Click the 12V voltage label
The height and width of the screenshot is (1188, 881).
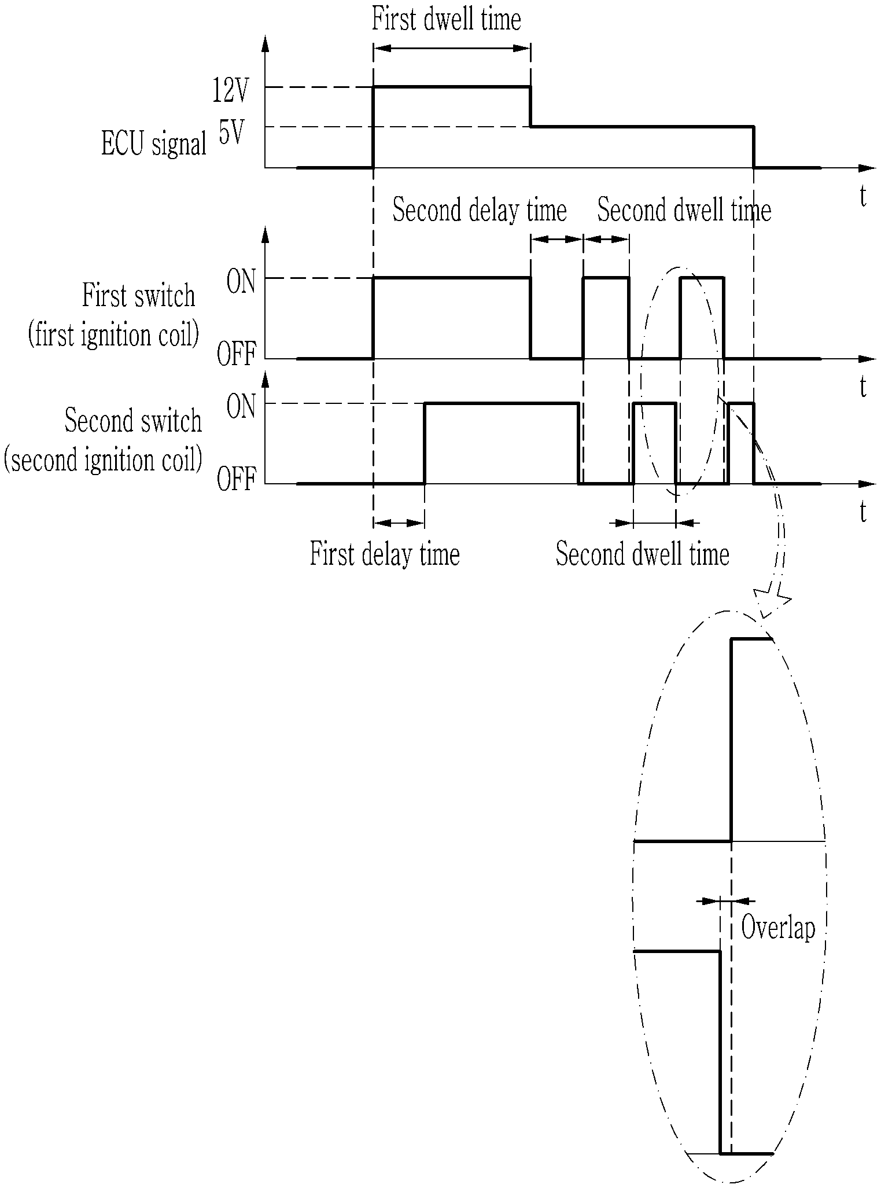point(230,92)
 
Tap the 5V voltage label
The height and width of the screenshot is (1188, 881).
point(231,134)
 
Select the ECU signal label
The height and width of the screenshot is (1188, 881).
point(154,144)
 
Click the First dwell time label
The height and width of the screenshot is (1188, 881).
point(446,19)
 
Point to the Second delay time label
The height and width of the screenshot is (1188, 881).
point(480,209)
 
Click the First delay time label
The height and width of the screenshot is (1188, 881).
point(385,554)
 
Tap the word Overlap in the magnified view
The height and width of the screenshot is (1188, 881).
point(778,928)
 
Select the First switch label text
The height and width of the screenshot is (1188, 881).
point(139,296)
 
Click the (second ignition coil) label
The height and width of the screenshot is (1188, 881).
point(103,461)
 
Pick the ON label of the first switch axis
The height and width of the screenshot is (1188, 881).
point(241,284)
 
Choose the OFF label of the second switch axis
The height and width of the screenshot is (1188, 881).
point(236,480)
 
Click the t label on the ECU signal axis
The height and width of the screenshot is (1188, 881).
point(863,197)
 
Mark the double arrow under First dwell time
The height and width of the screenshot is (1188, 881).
point(452,49)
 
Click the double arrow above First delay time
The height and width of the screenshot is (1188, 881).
point(399,523)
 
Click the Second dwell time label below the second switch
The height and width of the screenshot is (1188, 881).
point(642,554)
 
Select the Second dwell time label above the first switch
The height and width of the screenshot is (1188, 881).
point(684,209)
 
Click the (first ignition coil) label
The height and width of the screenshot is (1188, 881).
point(113,335)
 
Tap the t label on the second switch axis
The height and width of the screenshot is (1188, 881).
point(863,512)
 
